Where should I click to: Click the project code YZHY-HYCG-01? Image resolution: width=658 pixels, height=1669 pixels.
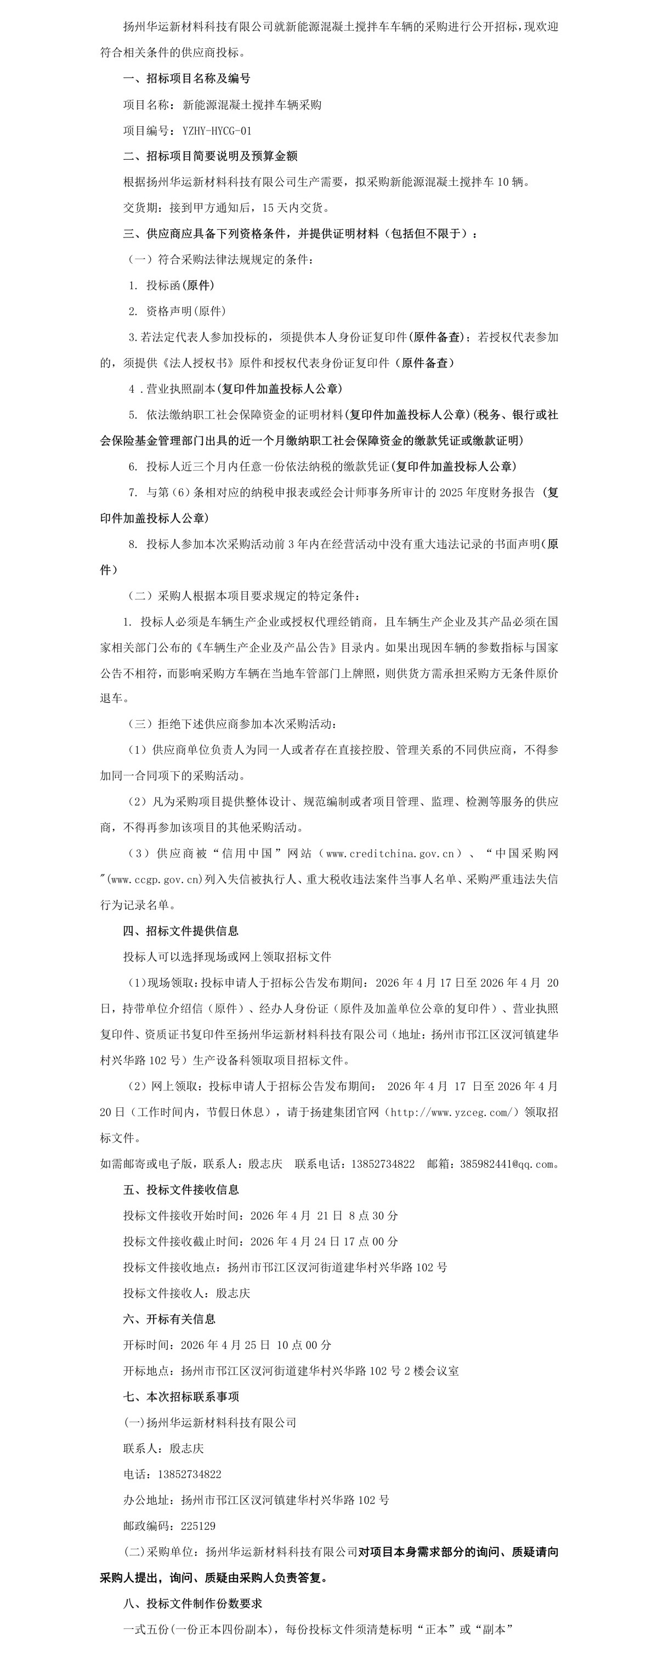click(x=217, y=130)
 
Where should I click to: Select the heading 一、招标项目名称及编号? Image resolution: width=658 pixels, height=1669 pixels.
click(x=186, y=78)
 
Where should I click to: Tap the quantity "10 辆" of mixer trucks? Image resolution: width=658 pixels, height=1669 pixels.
click(x=513, y=182)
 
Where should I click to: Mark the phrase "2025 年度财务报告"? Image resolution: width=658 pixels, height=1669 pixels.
click(x=487, y=493)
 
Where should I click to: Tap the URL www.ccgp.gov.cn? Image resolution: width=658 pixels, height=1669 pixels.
click(x=155, y=879)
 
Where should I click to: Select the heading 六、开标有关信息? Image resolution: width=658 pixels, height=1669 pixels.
click(x=169, y=1319)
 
